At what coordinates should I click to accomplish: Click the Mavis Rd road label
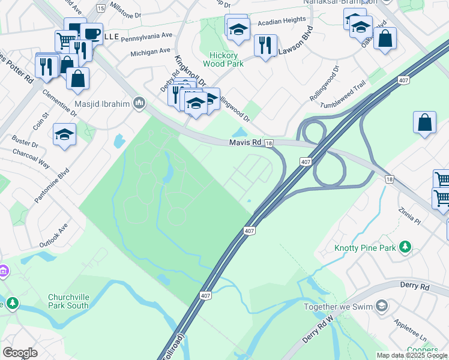[x=245, y=143]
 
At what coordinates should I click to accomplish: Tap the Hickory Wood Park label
[x=223, y=59]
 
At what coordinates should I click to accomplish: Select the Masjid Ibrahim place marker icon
[x=139, y=104]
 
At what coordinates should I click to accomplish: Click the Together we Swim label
[x=337, y=307]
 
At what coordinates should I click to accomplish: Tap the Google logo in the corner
[x=20, y=353]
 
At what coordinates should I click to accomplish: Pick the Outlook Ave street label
[x=54, y=236]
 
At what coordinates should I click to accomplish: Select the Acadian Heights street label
[x=282, y=20]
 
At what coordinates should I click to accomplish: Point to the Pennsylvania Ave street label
[x=146, y=37]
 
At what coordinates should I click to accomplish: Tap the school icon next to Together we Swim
[x=381, y=307]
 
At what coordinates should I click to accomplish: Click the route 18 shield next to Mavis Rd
[x=269, y=143]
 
